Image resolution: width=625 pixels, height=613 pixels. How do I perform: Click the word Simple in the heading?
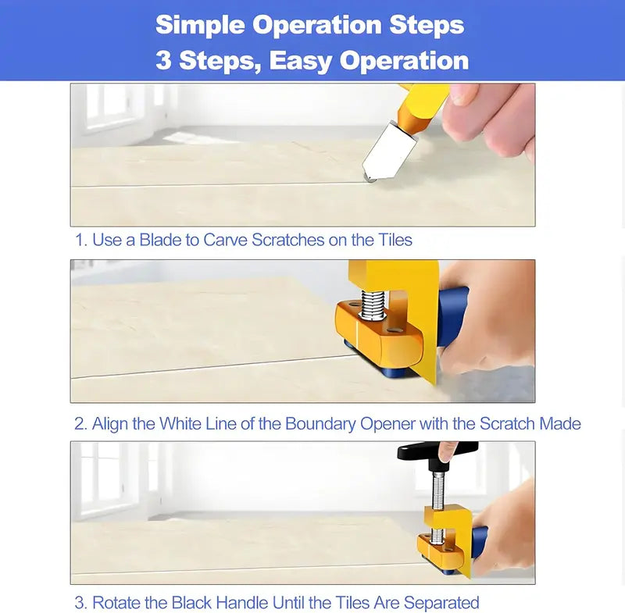200,25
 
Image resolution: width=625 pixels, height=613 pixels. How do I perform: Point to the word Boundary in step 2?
320,424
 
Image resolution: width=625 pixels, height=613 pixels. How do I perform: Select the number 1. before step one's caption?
81,241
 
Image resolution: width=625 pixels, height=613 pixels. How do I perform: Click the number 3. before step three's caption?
81,603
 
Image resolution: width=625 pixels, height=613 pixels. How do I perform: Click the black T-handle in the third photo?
437,453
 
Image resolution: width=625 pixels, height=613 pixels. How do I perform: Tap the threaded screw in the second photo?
373,305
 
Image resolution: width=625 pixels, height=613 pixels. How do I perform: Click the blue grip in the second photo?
453,316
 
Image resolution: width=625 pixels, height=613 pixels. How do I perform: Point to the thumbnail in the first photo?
462,94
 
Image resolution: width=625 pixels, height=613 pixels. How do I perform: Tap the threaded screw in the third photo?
437,506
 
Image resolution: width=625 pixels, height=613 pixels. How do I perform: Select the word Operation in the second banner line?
404,61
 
